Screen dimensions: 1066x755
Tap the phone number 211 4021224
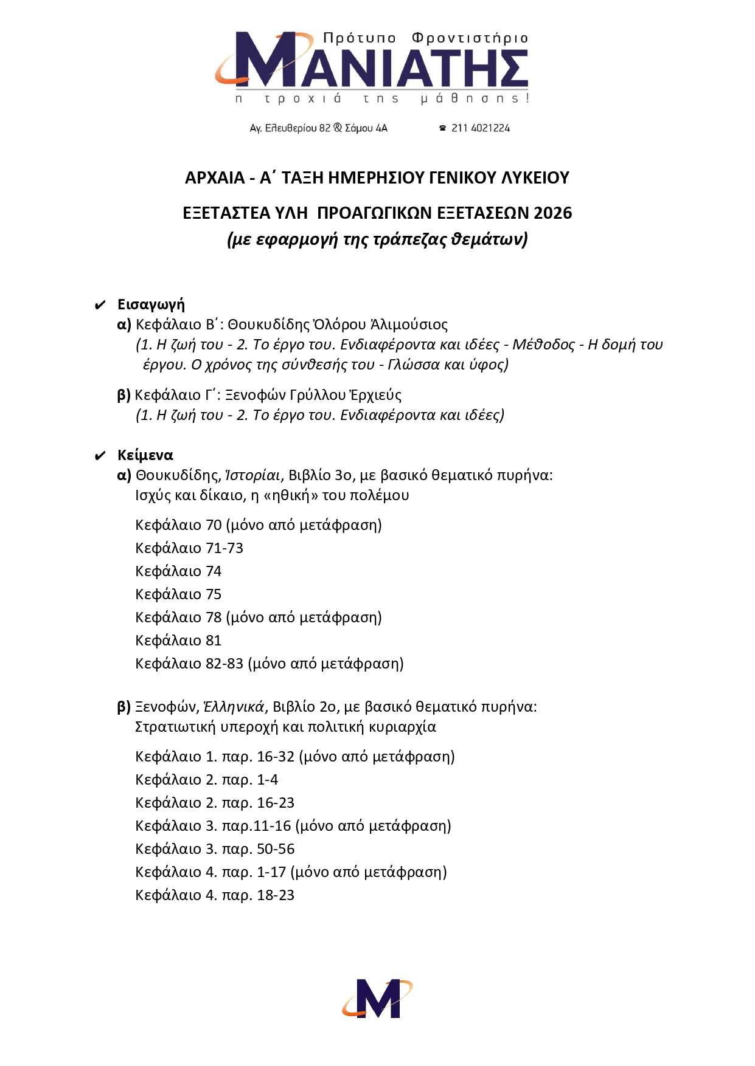click(x=480, y=128)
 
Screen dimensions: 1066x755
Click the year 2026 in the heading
click(x=552, y=213)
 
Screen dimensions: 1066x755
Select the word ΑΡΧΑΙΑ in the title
click(x=214, y=178)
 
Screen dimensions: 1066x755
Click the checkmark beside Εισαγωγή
click(x=100, y=305)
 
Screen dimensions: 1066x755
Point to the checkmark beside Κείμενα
click(x=100, y=456)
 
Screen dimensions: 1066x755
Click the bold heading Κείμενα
click(x=145, y=455)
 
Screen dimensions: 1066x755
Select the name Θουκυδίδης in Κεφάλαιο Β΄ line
click(x=268, y=325)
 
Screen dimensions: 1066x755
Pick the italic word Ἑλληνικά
click(x=234, y=707)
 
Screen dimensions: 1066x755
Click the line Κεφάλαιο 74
click(x=178, y=571)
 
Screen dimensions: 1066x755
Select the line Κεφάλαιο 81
click(x=178, y=641)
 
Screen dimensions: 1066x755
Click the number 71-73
click(x=224, y=548)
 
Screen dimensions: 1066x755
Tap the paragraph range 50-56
click(x=276, y=849)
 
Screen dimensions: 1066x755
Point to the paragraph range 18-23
click(x=276, y=895)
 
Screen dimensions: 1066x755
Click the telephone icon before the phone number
click(x=443, y=128)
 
